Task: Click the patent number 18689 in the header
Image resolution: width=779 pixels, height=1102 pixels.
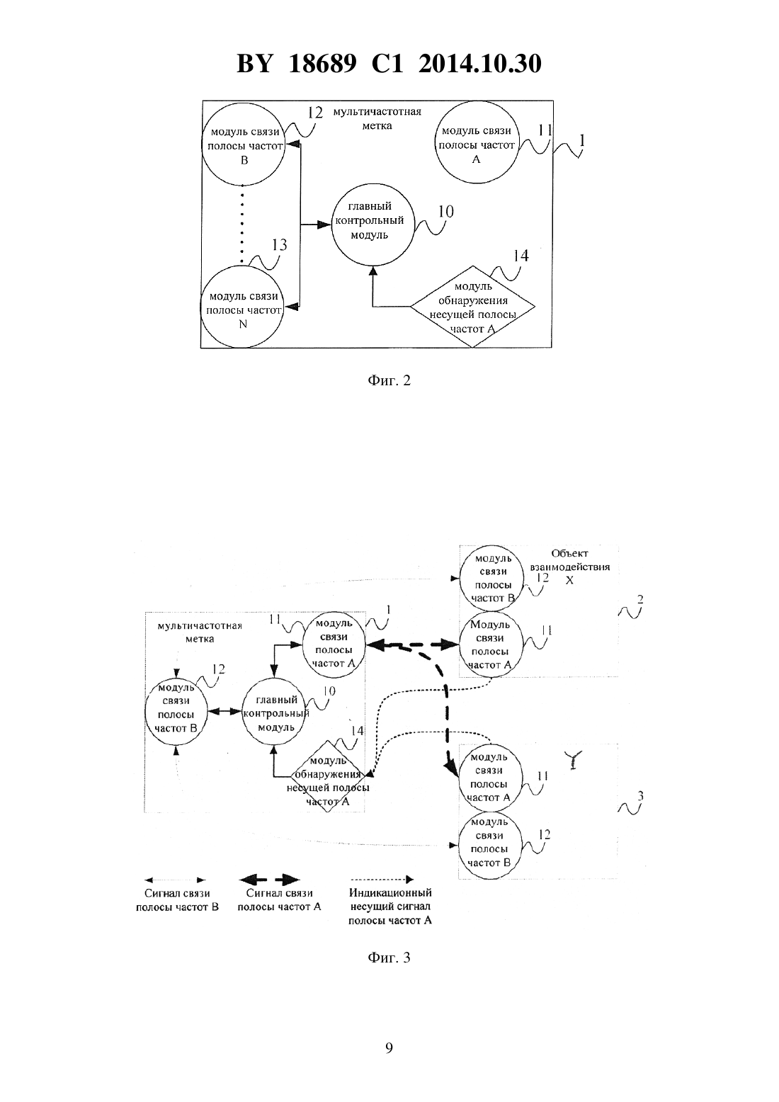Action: [322, 64]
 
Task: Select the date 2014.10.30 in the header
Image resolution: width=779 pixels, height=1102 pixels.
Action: [480, 64]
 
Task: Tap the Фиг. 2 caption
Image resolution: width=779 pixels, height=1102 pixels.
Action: [389, 380]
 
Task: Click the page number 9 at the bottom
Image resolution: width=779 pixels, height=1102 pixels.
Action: [389, 1048]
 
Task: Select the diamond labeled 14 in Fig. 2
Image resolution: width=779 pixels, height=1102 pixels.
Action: [472, 307]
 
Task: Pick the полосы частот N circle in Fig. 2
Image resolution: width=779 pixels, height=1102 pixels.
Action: [242, 307]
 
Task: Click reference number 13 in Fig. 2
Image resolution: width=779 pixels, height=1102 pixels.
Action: [279, 245]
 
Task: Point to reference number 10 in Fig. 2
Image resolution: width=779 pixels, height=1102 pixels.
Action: [446, 212]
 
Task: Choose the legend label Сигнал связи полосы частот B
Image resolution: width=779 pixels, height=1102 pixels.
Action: [177, 900]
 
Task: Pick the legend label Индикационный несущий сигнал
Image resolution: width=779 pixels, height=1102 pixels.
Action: [390, 899]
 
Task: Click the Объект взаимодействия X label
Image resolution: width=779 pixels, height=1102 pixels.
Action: [569, 567]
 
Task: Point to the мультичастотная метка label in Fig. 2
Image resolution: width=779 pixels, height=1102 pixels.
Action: [377, 118]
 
